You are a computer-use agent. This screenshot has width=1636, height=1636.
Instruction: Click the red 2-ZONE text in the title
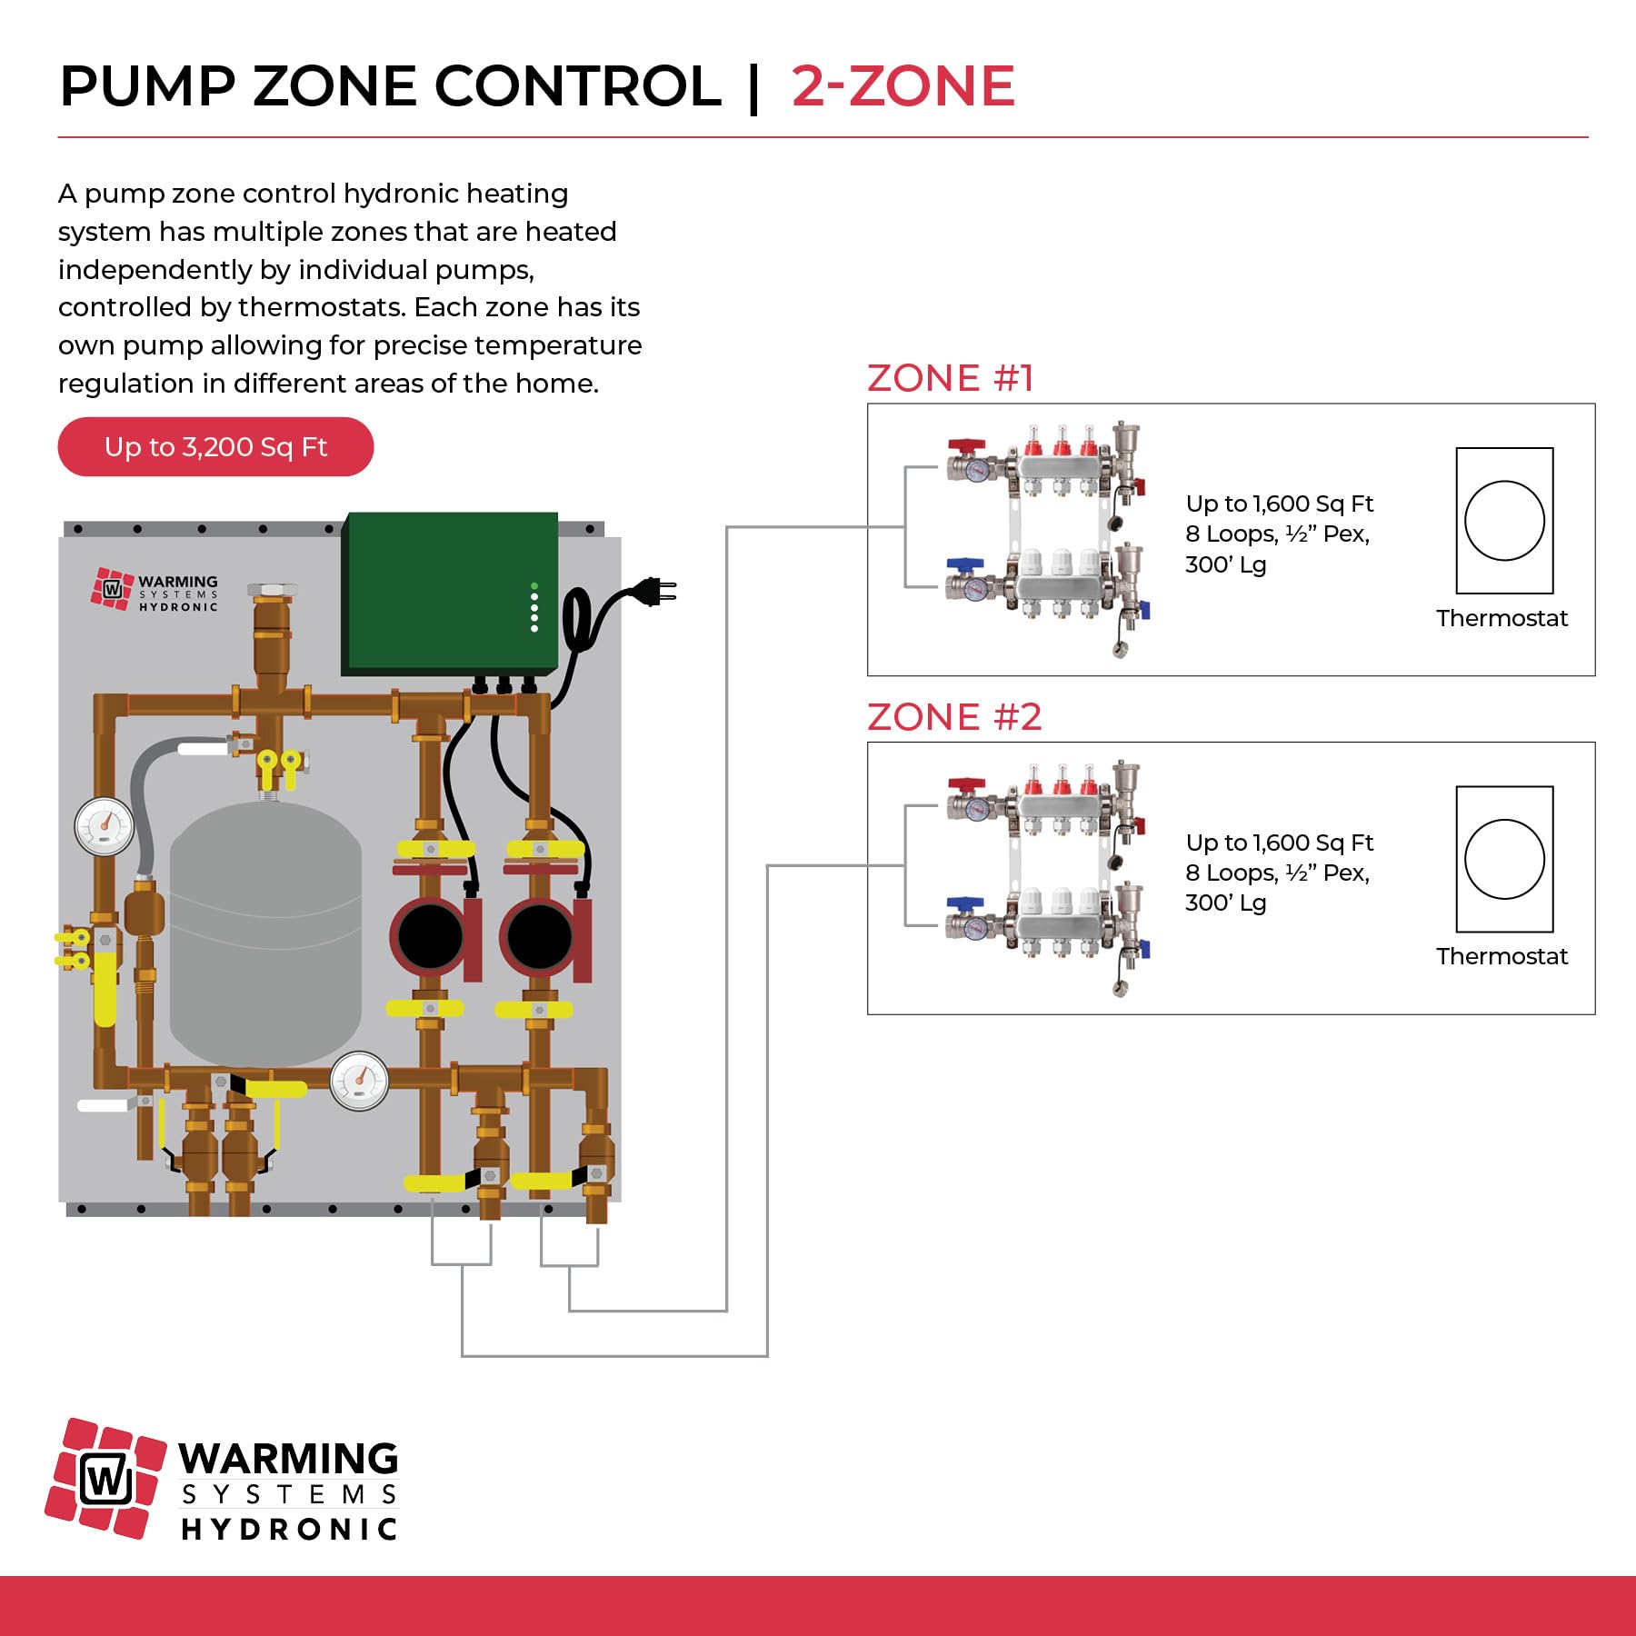point(903,87)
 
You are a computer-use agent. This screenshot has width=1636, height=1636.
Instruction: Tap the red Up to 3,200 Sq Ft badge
point(215,447)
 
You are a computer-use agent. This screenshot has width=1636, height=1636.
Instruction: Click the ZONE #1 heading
point(950,378)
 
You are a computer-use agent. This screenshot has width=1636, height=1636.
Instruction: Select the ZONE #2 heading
point(953,717)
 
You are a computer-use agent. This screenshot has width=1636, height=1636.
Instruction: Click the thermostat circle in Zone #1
point(1504,521)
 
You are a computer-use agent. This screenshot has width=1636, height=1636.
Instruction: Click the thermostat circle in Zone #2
point(1504,859)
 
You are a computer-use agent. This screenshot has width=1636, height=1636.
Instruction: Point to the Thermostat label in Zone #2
point(1501,956)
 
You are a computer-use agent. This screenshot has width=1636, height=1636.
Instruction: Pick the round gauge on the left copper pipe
point(105,826)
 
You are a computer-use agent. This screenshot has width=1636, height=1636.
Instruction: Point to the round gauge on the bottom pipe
point(359,1082)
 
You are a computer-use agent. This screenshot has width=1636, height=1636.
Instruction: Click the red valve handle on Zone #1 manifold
point(965,447)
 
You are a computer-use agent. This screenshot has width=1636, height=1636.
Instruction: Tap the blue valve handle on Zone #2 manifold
point(963,903)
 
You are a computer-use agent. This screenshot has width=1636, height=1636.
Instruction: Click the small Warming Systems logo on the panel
point(155,591)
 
